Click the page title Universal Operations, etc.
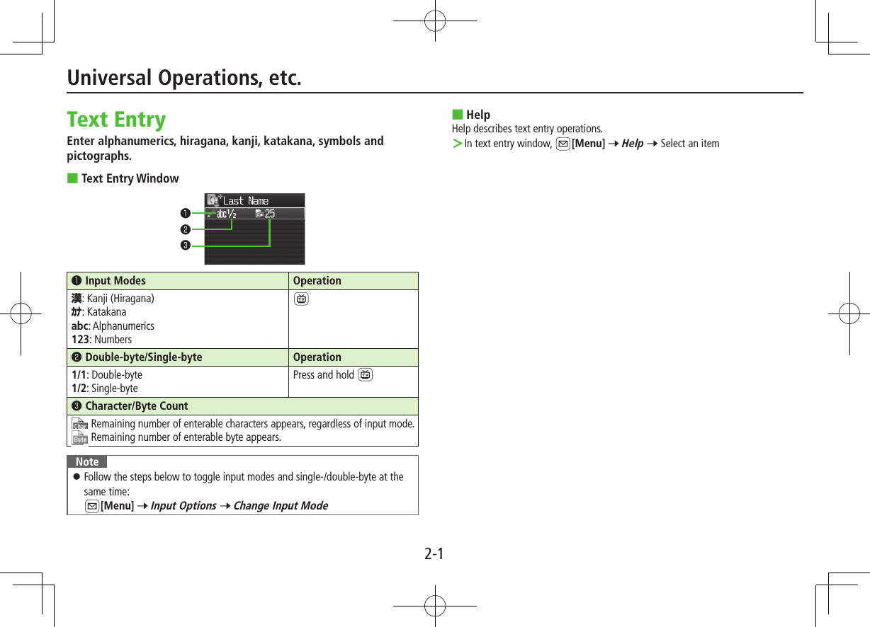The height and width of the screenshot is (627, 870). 184,78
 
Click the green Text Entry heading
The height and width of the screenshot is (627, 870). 116,119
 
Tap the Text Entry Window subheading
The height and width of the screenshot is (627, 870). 130,178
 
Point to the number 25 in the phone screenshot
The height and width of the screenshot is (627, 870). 269,214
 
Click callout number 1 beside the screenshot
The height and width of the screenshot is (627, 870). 184,212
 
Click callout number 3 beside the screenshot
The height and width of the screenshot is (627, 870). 184,246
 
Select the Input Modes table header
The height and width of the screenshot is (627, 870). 115,281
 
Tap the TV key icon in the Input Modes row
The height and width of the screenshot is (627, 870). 302,299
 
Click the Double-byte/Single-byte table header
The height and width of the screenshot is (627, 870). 143,357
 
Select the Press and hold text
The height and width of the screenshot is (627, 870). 323,375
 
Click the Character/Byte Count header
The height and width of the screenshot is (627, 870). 136,406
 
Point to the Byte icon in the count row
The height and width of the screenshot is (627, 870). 80,439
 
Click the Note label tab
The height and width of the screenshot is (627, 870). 87,462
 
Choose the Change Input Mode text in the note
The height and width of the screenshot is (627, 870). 281,505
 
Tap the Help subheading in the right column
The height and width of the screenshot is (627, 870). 478,115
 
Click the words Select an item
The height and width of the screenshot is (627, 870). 689,144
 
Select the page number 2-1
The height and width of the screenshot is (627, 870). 434,553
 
